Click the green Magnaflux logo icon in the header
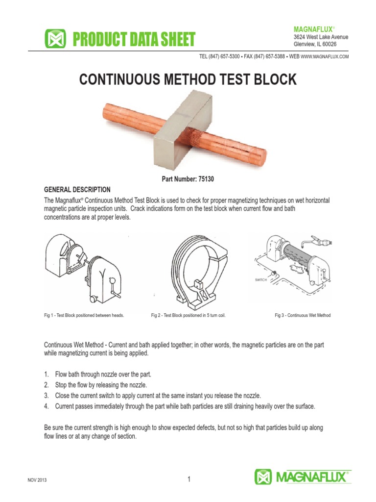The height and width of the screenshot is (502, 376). [x=55, y=39]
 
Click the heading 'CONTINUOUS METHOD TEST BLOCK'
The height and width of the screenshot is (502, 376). [x=188, y=80]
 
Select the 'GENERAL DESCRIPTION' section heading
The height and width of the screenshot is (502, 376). [x=77, y=190]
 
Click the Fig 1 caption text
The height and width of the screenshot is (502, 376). [x=84, y=315]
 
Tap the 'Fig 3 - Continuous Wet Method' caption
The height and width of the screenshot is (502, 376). [x=302, y=315]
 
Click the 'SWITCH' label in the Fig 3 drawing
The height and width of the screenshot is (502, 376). [x=260, y=279]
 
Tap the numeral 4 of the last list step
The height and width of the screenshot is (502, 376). [x=46, y=406]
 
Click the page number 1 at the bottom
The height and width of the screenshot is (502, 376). [x=188, y=479]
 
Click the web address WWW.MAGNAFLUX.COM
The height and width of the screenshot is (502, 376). [x=325, y=57]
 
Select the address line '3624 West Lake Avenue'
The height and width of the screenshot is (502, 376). [x=321, y=37]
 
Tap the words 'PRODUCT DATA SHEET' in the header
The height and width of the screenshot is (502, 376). [x=133, y=39]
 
